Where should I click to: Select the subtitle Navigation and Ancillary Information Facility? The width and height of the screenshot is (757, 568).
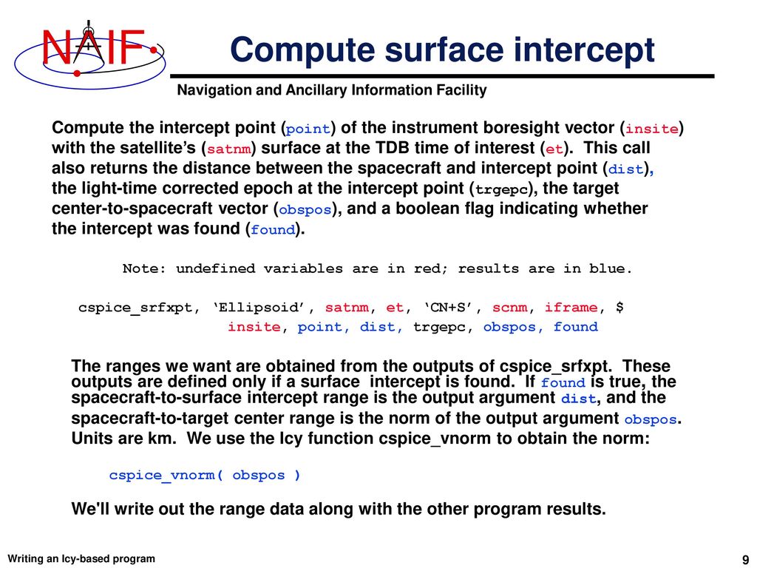332,90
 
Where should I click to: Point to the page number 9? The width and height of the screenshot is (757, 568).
744,558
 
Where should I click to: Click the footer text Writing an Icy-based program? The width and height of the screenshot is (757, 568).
81,558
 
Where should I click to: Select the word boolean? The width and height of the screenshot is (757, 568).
436,209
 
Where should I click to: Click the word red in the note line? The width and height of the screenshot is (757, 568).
429,268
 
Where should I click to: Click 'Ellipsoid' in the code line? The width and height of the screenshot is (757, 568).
268,307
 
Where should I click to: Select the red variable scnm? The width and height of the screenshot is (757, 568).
510,307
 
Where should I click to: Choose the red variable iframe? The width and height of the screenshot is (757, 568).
571,307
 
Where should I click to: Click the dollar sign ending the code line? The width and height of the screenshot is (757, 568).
619,307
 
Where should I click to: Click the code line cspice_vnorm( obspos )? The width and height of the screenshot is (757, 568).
205,475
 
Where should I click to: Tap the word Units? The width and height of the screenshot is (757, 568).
89,439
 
